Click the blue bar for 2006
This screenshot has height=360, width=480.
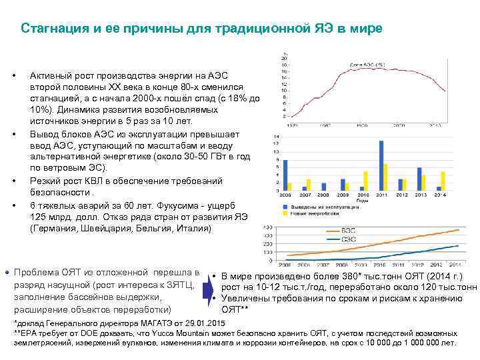pyautogui.click(x=285, y=175)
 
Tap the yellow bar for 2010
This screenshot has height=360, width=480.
pyautogui.click(x=365, y=181)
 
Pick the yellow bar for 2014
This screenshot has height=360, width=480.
pyautogui.click(x=444, y=183)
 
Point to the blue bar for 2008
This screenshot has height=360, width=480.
pyautogui.click(x=323, y=187)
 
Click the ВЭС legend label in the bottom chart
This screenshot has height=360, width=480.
pyautogui.click(x=347, y=231)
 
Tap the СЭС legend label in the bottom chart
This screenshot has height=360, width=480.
pyautogui.click(x=347, y=238)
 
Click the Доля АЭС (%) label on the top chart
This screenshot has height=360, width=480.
pyautogui.click(x=368, y=65)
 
